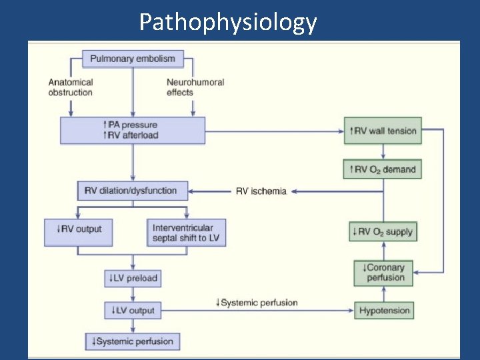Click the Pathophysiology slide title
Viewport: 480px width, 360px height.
coord(228,22)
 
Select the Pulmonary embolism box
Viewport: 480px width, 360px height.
coord(133,59)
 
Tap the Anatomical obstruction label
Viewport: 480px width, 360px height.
coord(71,87)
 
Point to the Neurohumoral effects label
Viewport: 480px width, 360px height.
coord(195,87)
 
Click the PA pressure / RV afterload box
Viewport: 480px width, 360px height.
coord(133,130)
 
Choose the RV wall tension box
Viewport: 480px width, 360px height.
coord(383,131)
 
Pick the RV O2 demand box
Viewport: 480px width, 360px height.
coord(383,169)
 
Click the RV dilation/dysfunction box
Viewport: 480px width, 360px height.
coord(132,191)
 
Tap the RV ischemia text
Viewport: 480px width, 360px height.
coord(261,191)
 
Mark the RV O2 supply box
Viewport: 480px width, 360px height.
coord(383,232)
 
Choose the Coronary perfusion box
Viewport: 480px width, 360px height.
coord(384,273)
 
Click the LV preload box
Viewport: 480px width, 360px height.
coord(133,278)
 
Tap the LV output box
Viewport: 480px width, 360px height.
coord(133,310)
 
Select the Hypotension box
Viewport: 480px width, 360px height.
coord(385,311)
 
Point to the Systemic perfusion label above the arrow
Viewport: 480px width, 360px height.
coord(257,303)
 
